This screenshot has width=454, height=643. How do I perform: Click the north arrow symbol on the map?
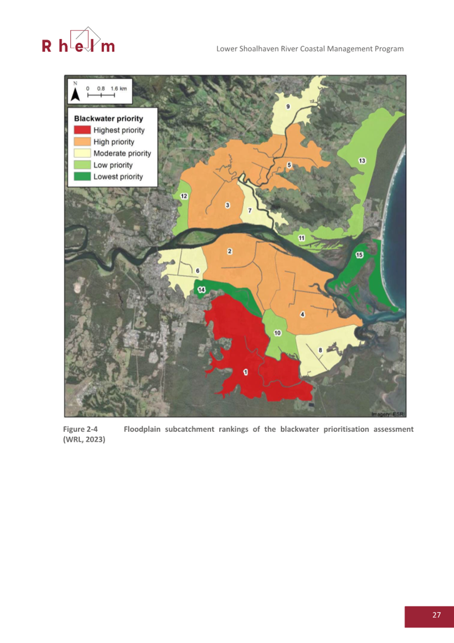click(x=75, y=92)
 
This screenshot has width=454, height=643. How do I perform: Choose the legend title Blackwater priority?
click(x=109, y=119)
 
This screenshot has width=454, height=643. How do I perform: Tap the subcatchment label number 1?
click(x=245, y=372)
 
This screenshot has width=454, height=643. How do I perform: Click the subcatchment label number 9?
click(x=288, y=107)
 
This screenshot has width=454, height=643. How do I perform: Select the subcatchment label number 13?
click(x=362, y=161)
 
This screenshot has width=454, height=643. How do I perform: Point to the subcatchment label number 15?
click(x=359, y=255)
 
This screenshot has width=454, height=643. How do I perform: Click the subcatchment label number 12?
click(x=184, y=196)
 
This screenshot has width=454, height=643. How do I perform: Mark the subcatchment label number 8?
click(x=320, y=350)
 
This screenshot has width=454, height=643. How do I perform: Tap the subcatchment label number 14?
click(x=201, y=290)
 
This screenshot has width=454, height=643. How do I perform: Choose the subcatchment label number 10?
click(x=277, y=333)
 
